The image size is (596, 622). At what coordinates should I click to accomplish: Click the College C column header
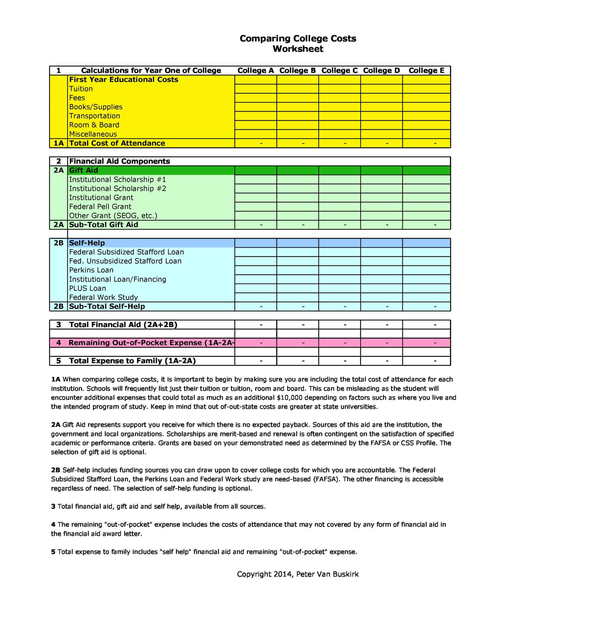(339, 70)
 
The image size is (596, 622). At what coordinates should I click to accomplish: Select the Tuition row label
(81, 89)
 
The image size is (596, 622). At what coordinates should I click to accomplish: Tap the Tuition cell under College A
(255, 89)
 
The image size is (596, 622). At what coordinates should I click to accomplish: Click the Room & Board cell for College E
(426, 125)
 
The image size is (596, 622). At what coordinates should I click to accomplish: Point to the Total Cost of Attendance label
(117, 143)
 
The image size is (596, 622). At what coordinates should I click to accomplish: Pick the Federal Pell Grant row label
(100, 207)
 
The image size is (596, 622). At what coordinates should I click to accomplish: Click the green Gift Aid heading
(84, 170)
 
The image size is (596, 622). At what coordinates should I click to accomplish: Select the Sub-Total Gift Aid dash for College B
(303, 225)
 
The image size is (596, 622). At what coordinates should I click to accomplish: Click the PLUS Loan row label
(87, 288)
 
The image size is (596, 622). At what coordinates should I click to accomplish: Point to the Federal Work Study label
(103, 297)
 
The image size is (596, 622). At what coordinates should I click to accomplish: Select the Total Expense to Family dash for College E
(435, 361)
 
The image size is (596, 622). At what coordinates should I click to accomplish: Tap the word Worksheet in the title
(298, 49)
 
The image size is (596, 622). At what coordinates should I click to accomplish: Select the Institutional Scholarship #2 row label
(117, 189)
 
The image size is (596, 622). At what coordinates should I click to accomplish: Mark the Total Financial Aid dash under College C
(345, 325)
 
